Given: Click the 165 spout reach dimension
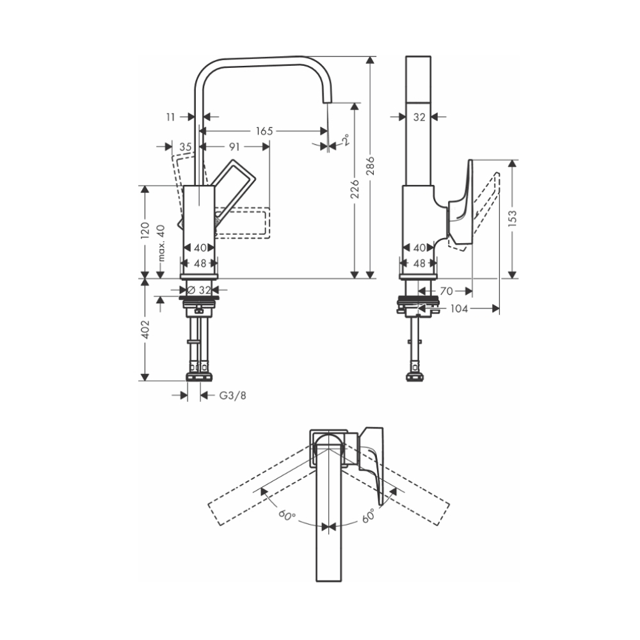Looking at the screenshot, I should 264,131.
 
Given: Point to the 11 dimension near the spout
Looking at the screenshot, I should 170,116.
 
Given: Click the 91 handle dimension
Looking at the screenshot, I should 234,147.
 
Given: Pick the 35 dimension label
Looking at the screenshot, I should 185,147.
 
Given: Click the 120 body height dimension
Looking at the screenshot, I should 145,231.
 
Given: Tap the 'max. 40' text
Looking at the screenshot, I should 161,243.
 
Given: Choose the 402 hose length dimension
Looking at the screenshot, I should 145,328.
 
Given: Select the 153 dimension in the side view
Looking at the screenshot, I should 513,218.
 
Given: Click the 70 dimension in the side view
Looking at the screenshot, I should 446,291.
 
